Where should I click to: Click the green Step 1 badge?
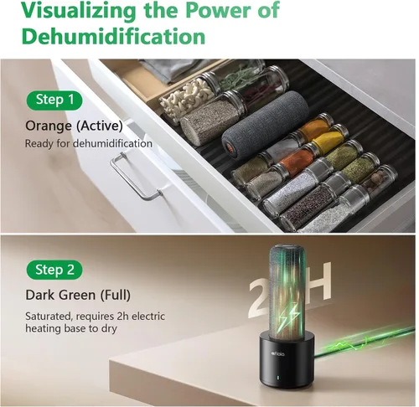54,100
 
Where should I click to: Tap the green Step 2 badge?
54,270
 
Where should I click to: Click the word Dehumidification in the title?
114,36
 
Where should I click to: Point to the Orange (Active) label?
74,126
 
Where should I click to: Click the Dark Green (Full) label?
78,295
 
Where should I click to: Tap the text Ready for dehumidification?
89,144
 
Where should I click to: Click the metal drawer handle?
136,176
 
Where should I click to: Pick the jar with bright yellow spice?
329,139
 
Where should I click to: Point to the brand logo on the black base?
278,353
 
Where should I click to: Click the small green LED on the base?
277,378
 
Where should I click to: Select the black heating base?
287,361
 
